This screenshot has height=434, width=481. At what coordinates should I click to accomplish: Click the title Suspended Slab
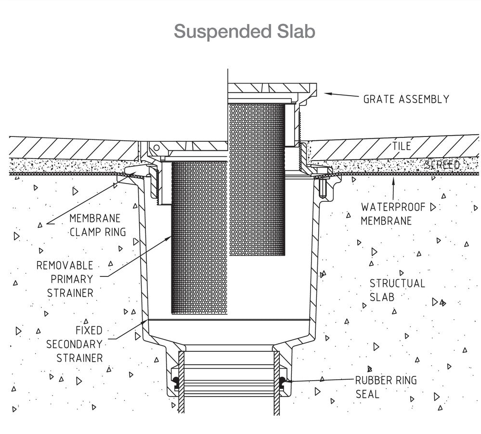245,31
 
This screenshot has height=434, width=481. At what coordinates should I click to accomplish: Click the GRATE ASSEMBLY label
406,99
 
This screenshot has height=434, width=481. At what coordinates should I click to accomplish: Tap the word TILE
401,146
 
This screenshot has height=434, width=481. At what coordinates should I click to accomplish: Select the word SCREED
442,165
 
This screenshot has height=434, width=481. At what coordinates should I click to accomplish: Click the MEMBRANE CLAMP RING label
98,225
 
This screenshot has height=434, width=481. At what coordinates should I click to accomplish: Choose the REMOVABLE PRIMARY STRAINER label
65,279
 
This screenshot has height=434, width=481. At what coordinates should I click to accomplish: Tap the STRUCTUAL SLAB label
397,290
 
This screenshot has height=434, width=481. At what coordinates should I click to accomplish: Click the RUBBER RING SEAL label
386,387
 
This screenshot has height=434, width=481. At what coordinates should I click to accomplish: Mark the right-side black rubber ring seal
282,381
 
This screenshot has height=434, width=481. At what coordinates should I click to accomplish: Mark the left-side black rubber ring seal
176,381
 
